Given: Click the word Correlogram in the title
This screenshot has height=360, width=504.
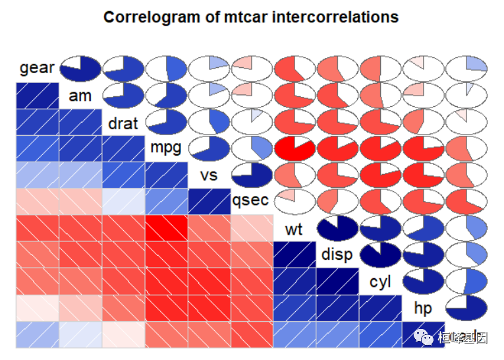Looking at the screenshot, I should click(x=146, y=16).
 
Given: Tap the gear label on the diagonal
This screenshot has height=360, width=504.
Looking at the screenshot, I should click(x=37, y=68).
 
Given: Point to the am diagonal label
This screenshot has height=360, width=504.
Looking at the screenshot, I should click(x=80, y=96).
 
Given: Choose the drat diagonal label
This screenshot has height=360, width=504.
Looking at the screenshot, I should click(x=123, y=123).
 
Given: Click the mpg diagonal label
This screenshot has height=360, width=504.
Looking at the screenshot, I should click(x=166, y=147).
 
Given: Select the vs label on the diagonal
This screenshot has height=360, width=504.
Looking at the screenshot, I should click(x=209, y=175).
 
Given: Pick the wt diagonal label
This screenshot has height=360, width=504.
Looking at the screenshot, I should click(x=294, y=229).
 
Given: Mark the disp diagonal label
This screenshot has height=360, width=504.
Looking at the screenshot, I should click(x=337, y=255).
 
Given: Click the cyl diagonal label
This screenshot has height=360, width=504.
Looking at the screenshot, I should click(x=380, y=282).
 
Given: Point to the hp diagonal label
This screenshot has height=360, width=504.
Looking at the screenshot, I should click(x=423, y=308).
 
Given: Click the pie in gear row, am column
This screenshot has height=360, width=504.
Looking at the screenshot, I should click(x=80, y=68).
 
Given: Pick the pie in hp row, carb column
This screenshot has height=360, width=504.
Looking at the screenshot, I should click(x=466, y=308).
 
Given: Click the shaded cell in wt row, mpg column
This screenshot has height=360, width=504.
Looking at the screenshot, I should click(x=166, y=228).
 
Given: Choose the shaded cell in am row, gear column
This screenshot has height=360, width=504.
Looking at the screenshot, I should click(x=38, y=96).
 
